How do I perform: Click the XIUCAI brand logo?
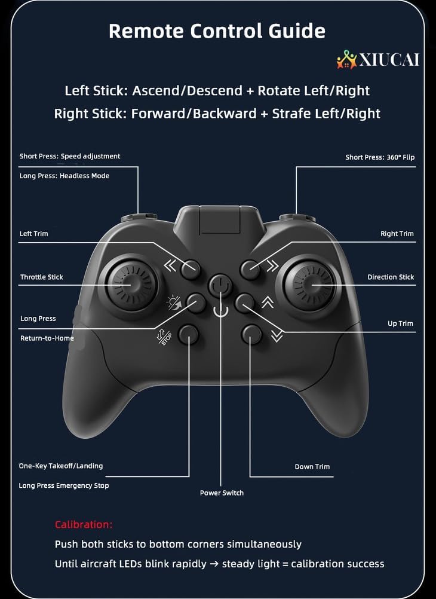coord(377,60)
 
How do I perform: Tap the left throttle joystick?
coord(131,285)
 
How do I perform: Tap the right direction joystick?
coord(309,285)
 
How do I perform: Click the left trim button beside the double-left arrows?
coord(190,270)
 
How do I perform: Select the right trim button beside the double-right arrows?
coord(250,270)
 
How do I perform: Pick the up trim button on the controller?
coord(244,303)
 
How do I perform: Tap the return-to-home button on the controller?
coord(196,303)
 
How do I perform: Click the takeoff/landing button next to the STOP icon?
coord(189,335)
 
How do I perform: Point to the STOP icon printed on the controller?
coord(165,337)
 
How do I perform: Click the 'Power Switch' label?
coord(222,493)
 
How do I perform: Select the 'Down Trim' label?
coord(312,466)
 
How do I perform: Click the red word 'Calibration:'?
coord(84,524)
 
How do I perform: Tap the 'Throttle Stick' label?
coord(42,277)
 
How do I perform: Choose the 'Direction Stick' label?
coord(391,277)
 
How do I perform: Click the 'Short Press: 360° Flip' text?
coord(380,157)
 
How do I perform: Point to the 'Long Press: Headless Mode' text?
coord(65,176)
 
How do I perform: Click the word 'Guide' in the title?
coord(297,30)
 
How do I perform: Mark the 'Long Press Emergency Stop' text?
coord(64,485)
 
